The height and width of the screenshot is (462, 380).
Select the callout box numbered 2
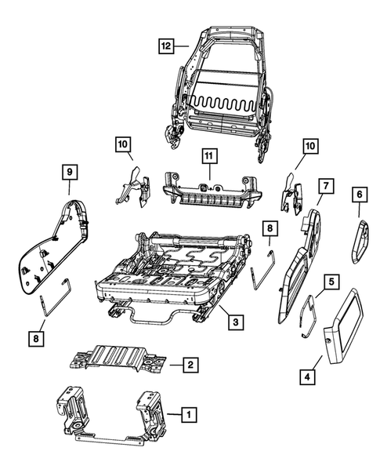coord(188,364)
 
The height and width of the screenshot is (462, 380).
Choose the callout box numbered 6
coord(358,193)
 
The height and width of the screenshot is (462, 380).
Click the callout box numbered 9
coord(69,171)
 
